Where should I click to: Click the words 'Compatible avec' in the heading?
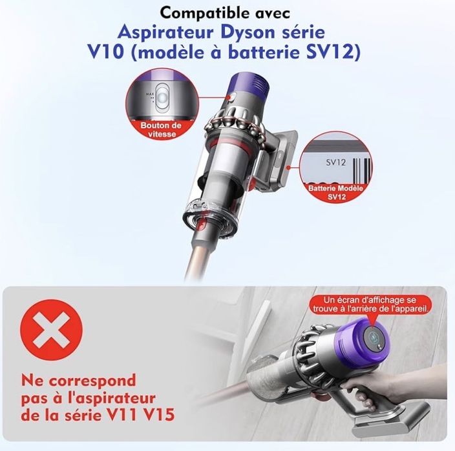pos(227,12)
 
